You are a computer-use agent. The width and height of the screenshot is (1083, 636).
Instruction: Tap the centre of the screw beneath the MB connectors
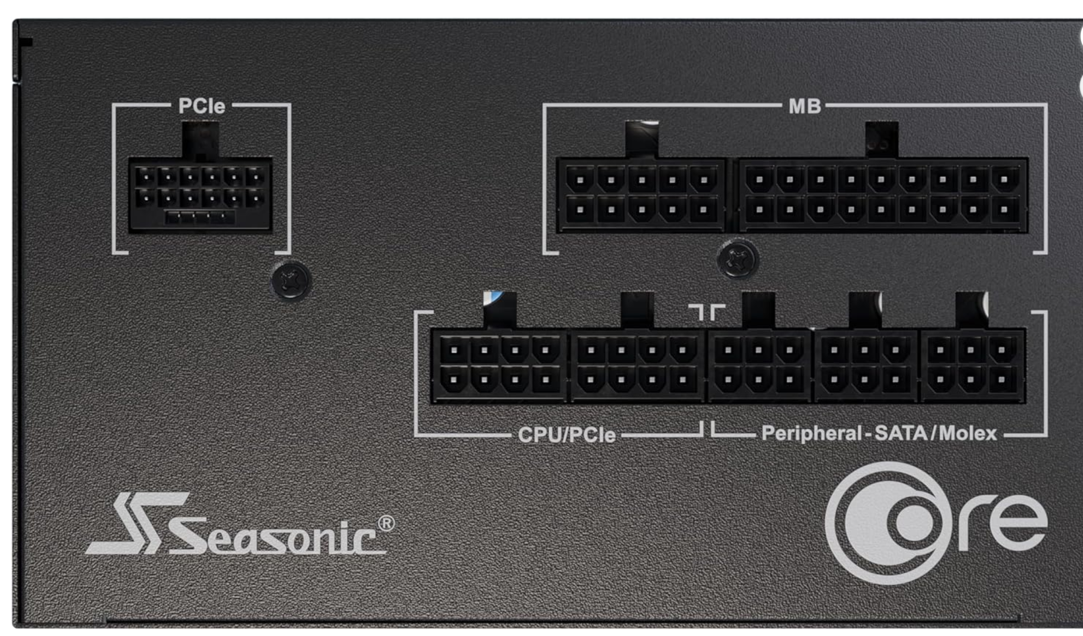click(737, 260)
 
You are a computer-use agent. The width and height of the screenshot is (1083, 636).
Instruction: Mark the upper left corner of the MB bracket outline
click(544, 104)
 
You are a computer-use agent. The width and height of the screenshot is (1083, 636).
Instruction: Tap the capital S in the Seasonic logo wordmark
click(190, 535)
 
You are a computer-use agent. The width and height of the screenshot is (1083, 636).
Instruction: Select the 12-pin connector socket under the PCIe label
click(200, 195)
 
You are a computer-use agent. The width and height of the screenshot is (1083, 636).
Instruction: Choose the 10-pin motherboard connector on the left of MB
click(642, 195)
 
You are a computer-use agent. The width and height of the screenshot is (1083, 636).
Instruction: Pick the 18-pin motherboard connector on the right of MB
click(882, 195)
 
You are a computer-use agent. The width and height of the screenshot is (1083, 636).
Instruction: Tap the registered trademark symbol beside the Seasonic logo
click(386, 523)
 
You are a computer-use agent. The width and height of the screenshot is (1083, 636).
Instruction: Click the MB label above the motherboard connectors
click(804, 106)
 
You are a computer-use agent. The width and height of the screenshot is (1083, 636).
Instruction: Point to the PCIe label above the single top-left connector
click(201, 106)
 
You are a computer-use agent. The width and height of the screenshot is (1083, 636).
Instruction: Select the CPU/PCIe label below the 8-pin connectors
click(567, 435)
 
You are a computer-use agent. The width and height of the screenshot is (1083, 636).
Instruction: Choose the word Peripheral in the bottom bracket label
click(812, 433)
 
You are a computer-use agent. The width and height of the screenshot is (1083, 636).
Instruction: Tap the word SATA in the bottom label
click(901, 433)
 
